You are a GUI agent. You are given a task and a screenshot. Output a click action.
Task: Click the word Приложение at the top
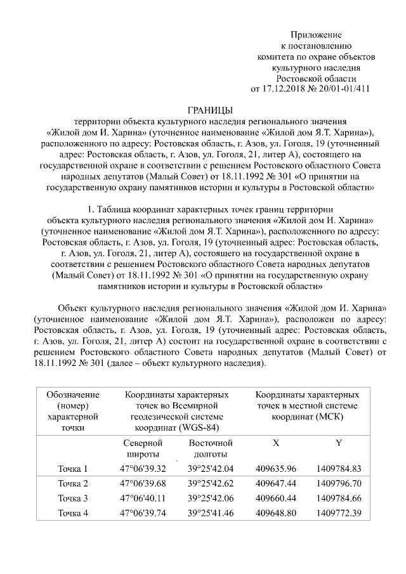pyautogui.click(x=316, y=34)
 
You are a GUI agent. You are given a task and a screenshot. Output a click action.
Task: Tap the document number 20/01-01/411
pyautogui.click(x=343, y=88)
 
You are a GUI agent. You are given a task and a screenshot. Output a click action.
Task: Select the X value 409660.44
pyautogui.click(x=276, y=498)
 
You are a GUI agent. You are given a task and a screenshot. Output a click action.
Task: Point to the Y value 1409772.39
pyautogui.click(x=338, y=512)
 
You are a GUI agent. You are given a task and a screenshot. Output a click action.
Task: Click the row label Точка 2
pyautogui.click(x=73, y=484)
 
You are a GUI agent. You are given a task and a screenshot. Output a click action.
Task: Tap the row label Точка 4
pyautogui.click(x=73, y=512)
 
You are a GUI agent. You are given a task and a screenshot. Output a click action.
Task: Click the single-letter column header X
pyautogui.click(x=276, y=442)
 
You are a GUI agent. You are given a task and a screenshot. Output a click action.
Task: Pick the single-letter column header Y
pyautogui.click(x=339, y=442)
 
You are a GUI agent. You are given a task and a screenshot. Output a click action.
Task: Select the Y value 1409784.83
pyautogui.click(x=338, y=469)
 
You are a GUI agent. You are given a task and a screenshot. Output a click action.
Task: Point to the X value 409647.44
pyautogui.click(x=276, y=484)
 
